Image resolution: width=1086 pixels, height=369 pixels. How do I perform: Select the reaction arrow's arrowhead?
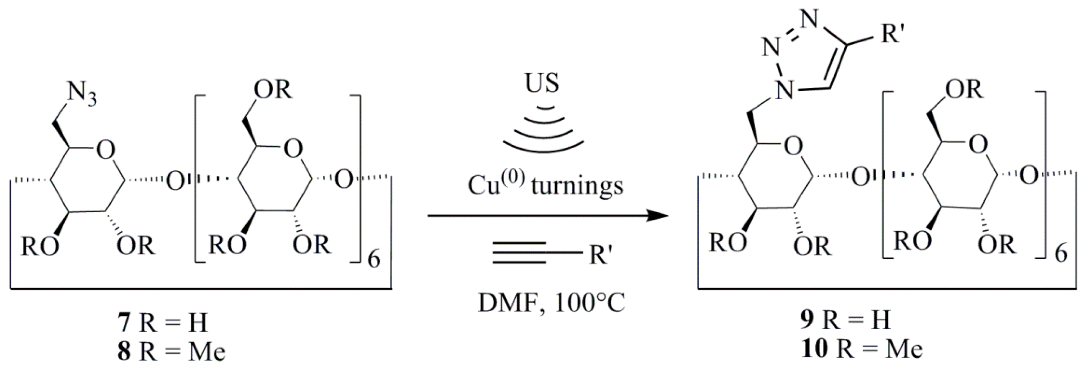[x=658, y=216]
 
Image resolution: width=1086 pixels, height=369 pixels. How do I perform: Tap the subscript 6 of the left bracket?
[x=374, y=260]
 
